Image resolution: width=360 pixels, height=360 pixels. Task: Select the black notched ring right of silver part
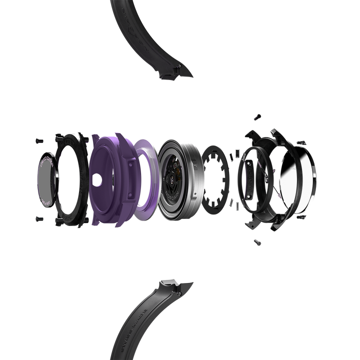pyautogui.click(x=216, y=178)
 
